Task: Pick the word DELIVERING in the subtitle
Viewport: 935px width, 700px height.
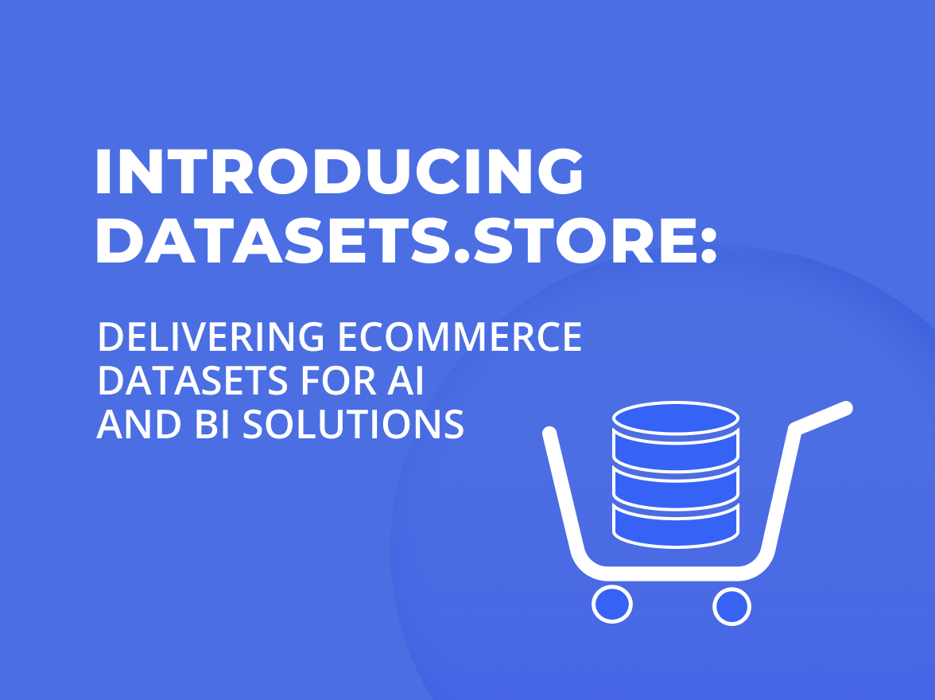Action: [211, 338]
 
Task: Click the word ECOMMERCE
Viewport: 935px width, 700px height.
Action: [460, 338]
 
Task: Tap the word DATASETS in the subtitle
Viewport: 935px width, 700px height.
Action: [192, 382]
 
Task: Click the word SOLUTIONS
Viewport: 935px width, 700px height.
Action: [353, 426]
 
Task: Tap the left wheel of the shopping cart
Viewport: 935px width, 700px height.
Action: [612, 605]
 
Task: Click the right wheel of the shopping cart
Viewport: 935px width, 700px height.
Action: [731, 606]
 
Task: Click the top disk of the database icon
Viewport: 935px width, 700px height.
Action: [677, 417]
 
